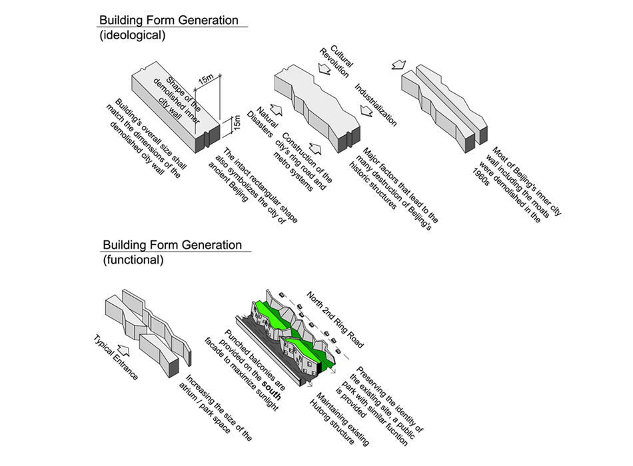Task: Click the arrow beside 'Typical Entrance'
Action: point(121,346)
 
